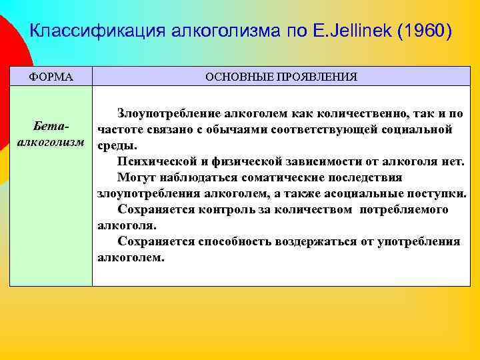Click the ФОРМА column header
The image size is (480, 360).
(51, 77)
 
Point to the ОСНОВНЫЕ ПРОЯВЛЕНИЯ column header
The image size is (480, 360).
(281, 77)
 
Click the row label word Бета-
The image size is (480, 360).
(51, 127)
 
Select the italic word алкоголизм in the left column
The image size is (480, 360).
(51, 143)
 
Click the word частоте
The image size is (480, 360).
(120, 129)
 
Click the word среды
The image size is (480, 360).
(117, 145)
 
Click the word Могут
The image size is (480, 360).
(136, 177)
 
